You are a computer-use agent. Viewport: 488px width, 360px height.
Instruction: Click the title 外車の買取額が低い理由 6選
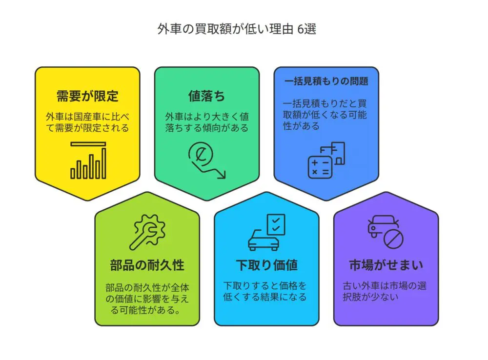coord(237,29)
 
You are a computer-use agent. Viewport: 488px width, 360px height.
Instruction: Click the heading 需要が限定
coord(87,96)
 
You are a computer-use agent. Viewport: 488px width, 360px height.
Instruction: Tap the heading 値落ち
coord(206,96)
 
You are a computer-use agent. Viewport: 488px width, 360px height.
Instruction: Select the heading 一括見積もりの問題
coord(326,81)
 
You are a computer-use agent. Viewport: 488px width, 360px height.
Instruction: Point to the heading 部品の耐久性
coord(147,265)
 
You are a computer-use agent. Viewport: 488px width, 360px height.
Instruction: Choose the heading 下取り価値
coord(267,265)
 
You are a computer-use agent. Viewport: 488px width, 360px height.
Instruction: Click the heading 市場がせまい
coord(386,265)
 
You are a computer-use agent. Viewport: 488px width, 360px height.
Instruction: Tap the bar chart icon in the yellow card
coord(88,160)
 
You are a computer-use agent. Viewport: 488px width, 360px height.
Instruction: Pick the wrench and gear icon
coord(147,232)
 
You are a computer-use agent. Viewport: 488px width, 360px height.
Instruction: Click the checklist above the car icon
coord(276,224)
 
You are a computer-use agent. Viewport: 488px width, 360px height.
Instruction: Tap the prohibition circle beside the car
coord(393,239)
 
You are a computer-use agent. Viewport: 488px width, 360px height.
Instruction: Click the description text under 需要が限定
coord(87,122)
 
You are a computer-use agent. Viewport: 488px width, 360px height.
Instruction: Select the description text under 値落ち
coord(206,122)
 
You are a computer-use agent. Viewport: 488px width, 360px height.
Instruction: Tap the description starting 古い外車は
coord(385,291)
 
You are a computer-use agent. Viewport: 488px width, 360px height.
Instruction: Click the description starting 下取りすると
coord(265,291)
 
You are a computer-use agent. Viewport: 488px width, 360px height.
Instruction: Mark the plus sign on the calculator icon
coord(315,162)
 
